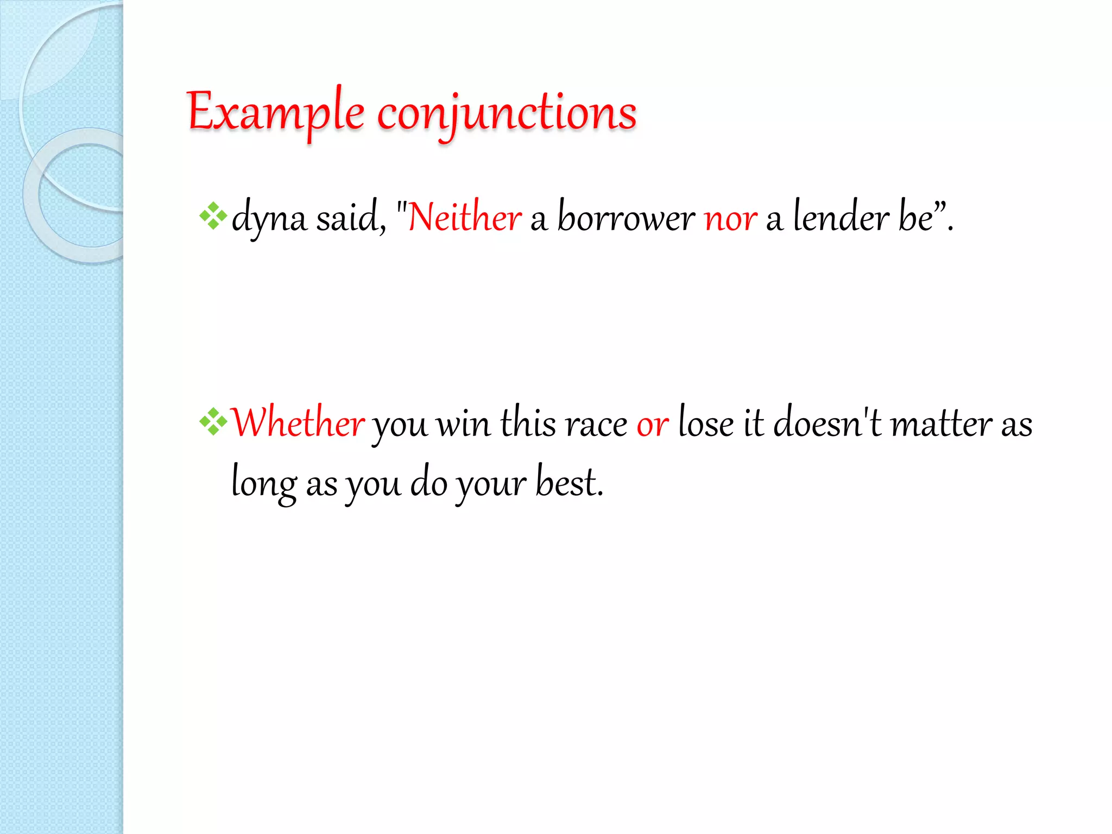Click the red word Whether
click(298, 423)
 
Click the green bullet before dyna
click(213, 216)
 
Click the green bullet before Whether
click(213, 422)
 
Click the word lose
click(706, 423)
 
